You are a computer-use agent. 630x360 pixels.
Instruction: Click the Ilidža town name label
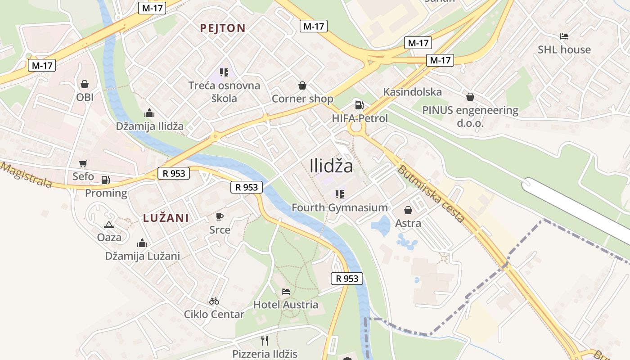coord(331,166)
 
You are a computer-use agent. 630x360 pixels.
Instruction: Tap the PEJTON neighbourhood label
coord(223,28)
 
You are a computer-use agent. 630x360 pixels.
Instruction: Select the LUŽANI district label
coord(166,218)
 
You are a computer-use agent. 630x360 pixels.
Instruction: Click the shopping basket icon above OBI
coord(84,84)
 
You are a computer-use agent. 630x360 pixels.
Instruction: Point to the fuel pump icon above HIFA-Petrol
coord(359,105)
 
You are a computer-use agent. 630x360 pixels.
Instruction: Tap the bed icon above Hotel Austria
coord(286,292)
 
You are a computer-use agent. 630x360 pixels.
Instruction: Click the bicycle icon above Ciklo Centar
coord(214,301)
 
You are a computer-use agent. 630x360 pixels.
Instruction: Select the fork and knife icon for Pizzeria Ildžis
coord(265,341)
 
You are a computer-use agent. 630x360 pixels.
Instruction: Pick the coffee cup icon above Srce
coord(220,217)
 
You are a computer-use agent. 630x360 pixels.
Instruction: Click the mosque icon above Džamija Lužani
coord(142,243)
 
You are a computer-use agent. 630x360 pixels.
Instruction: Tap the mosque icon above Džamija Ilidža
coord(149,113)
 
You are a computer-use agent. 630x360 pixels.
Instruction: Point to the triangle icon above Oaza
coord(108,225)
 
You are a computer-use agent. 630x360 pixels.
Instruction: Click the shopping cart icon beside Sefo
coord(83,163)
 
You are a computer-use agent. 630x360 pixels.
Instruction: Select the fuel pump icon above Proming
coord(105,180)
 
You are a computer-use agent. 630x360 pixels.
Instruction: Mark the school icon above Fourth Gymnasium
coord(340,194)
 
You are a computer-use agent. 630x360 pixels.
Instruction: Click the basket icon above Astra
coord(408,210)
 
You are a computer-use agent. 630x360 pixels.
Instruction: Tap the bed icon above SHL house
coord(564,36)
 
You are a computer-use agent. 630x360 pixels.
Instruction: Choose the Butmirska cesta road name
coord(431,194)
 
